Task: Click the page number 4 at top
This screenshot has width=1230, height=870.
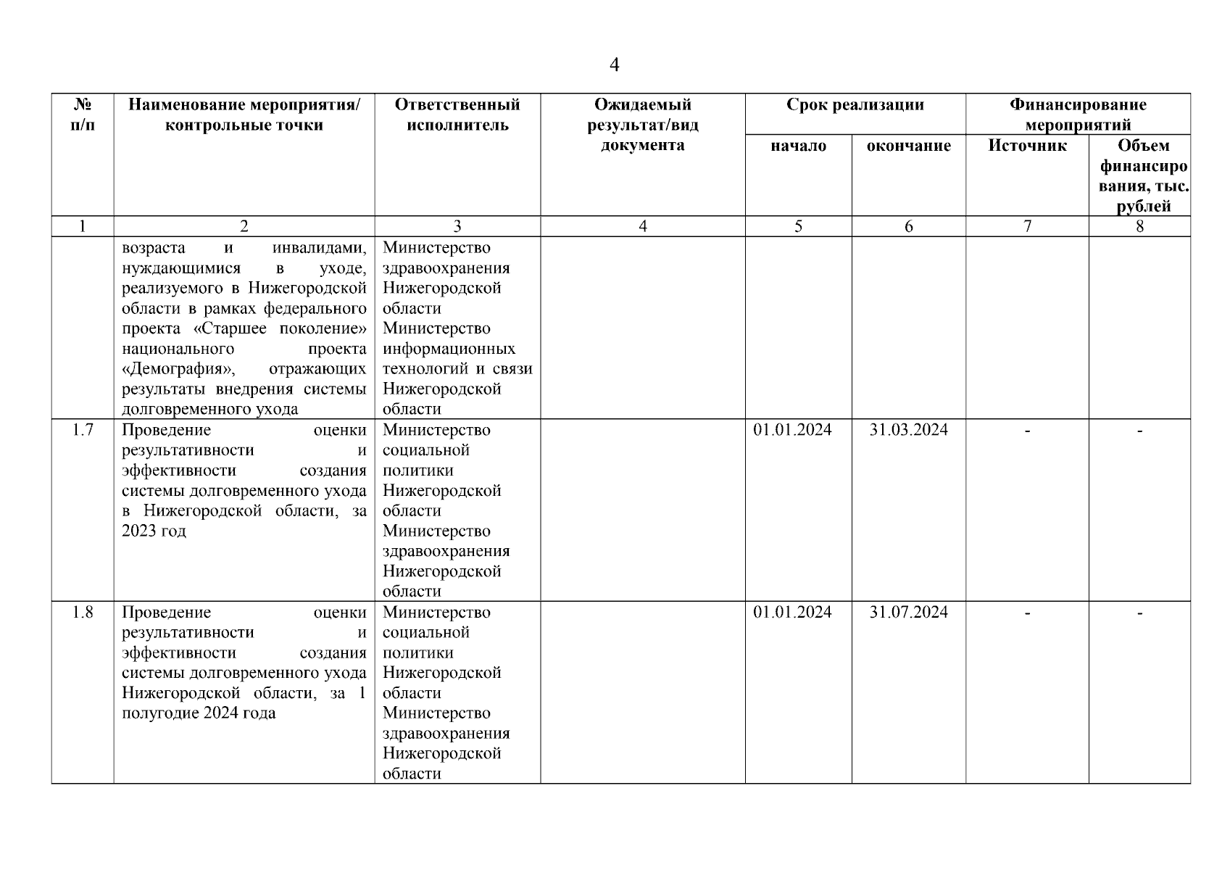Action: click(x=614, y=65)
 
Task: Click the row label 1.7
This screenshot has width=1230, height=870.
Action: click(x=83, y=430)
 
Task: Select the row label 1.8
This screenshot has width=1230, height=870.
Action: click(x=83, y=612)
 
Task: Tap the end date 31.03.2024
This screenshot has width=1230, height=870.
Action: click(x=908, y=430)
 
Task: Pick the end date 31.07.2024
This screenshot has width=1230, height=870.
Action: click(x=908, y=612)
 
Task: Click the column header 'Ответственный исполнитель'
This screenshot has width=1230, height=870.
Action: click(x=457, y=115)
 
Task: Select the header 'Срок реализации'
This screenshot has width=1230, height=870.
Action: click(x=855, y=104)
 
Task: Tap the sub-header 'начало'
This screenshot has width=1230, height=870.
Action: click(x=798, y=146)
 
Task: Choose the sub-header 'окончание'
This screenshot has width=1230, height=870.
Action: click(x=908, y=146)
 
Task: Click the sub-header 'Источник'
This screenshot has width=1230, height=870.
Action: click(x=1027, y=146)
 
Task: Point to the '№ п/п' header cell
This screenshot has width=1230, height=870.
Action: click(x=83, y=115)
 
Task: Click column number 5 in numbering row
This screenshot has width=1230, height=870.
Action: click(x=798, y=226)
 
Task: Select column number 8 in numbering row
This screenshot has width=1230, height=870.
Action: click(x=1139, y=226)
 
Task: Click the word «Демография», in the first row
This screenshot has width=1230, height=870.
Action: click(x=178, y=369)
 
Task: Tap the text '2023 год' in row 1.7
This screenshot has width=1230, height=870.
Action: click(x=154, y=531)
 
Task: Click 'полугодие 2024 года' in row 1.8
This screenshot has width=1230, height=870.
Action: click(x=199, y=713)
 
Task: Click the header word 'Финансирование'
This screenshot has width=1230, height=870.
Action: click(x=1078, y=104)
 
